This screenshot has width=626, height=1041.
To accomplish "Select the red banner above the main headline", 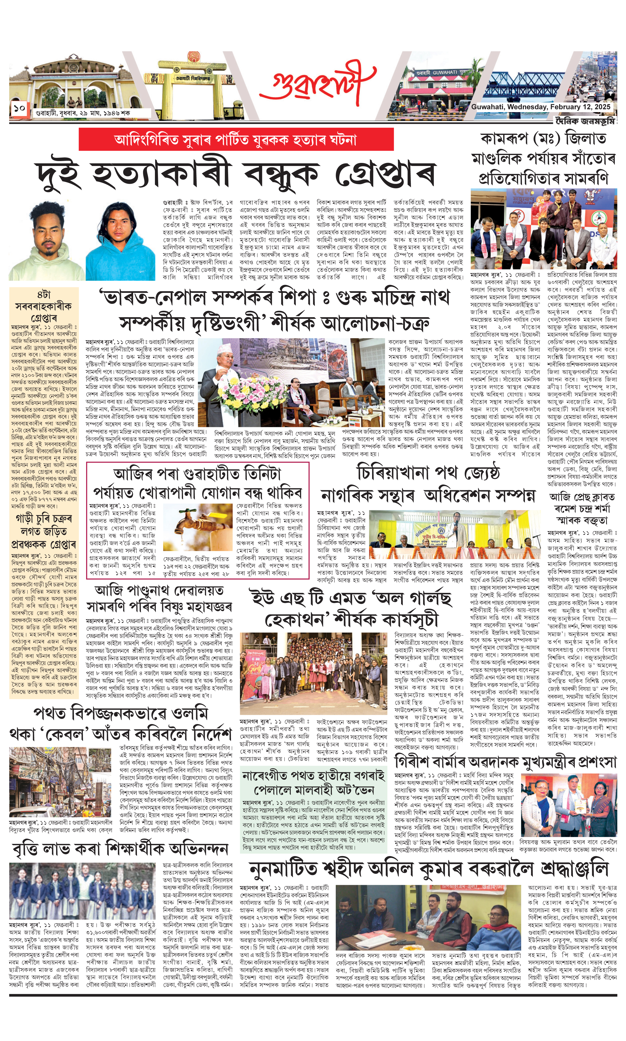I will click(236, 139).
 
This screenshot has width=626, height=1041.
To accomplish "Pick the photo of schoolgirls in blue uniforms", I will click(83, 890).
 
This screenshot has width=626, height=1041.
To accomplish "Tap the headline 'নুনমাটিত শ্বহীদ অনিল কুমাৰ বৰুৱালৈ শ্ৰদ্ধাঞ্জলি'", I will click(428, 869).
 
